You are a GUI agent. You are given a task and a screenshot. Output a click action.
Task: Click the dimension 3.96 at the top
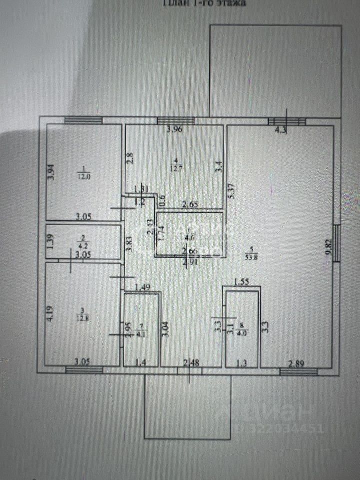coord(175,131)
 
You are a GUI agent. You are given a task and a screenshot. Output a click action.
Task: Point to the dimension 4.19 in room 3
coord(50,313)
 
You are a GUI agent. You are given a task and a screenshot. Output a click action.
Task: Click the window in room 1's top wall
coord(83,120)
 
